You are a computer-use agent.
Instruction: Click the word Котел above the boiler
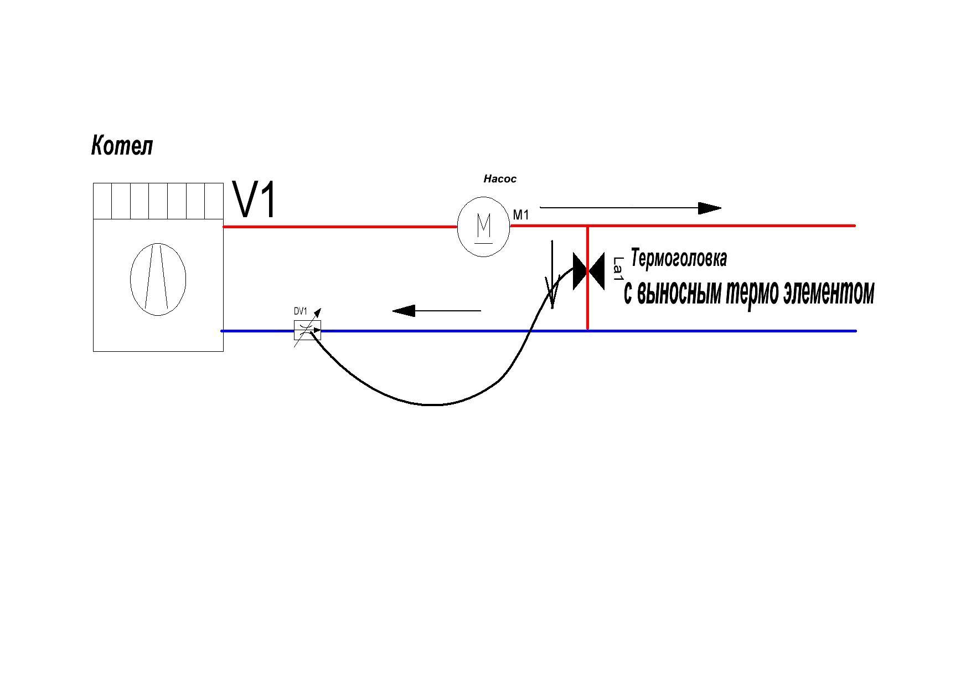[x=122, y=146]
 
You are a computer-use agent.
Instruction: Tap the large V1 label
[x=255, y=199]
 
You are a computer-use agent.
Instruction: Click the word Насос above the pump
[x=500, y=179]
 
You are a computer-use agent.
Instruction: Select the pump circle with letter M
[x=484, y=227]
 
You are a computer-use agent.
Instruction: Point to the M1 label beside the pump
[x=521, y=215]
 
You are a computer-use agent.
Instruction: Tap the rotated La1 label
[x=618, y=269]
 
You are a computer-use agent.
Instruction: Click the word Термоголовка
[x=679, y=258]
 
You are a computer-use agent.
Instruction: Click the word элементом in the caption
[x=829, y=293]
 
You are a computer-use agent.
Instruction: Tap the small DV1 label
[x=301, y=311]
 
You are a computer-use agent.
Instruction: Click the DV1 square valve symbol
[x=307, y=331]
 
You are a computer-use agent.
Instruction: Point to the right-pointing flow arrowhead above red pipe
[x=710, y=208]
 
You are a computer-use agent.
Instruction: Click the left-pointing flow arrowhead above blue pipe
[x=404, y=311]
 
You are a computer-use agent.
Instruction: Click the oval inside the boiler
[x=158, y=279]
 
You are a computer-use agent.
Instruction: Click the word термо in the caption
[x=753, y=293]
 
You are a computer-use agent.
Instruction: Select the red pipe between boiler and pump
[x=340, y=227]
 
